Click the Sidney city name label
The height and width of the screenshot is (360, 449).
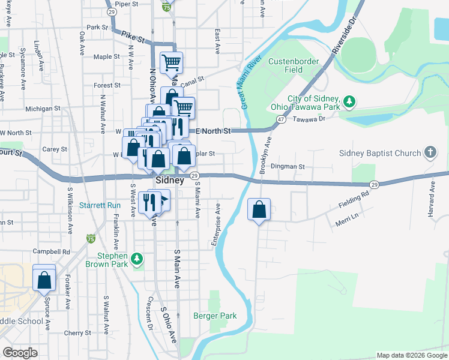169,180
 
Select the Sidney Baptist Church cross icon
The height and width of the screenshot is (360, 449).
430,152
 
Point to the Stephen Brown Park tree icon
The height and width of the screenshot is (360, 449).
137,259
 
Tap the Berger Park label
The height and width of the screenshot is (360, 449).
215,316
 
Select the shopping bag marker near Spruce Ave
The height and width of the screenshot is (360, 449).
44,280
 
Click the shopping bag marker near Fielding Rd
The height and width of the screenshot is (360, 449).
259,211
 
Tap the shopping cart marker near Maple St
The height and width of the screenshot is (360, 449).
172,62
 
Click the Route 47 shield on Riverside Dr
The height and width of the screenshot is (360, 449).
280,119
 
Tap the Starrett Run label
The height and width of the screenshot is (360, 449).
100,205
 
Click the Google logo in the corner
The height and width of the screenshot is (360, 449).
20,352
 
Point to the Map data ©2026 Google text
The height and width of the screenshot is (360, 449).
411,355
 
